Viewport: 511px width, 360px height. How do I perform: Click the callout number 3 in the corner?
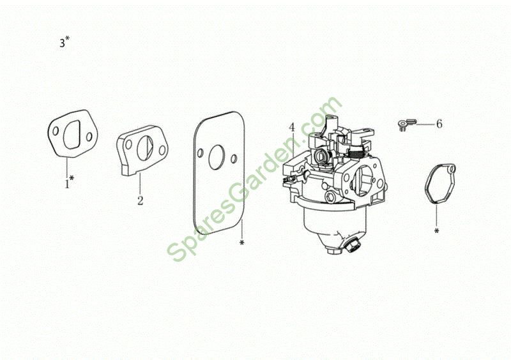[x=62, y=43]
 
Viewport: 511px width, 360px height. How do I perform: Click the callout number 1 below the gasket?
[x=67, y=184]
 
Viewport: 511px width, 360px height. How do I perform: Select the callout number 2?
[x=140, y=200]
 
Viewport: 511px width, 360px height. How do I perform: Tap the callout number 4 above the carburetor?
[x=292, y=128]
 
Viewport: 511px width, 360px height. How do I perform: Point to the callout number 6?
[x=439, y=124]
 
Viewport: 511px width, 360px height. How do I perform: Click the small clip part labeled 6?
[x=407, y=124]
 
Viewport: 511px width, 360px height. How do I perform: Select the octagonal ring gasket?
[x=440, y=184]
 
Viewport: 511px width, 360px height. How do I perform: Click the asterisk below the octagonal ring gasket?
[x=436, y=231]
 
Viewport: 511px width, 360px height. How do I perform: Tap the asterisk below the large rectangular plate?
[x=241, y=243]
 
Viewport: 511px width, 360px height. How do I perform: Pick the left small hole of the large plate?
[x=200, y=153]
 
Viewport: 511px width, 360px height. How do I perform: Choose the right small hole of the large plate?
[x=233, y=159]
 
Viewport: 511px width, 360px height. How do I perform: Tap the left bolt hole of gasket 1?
[x=56, y=131]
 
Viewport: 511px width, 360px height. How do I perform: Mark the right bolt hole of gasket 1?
[x=89, y=137]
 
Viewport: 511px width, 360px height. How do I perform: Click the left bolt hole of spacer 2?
[x=129, y=145]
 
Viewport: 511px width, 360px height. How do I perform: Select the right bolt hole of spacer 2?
[x=162, y=151]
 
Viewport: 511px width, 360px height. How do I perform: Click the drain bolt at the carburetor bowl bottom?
[x=353, y=245]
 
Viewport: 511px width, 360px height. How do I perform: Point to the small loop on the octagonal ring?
[x=452, y=169]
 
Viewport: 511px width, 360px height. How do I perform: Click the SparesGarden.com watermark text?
[x=254, y=179]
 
